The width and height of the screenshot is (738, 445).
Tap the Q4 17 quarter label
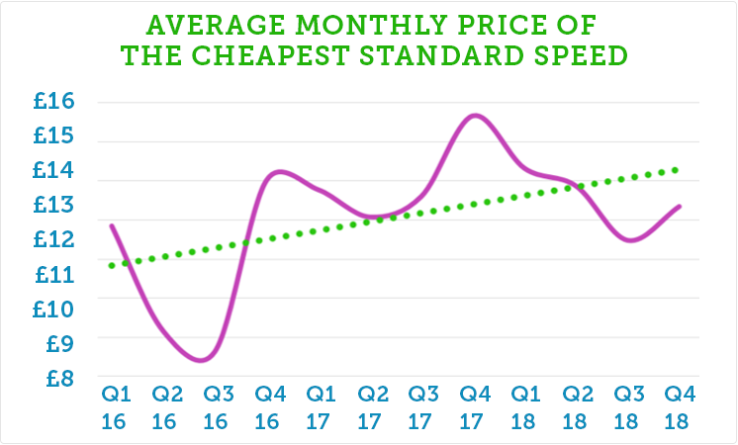[475, 405]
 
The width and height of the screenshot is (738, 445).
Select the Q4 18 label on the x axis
[680, 405]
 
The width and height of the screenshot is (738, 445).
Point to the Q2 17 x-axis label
[372, 405]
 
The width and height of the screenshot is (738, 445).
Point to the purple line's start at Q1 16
[111, 225]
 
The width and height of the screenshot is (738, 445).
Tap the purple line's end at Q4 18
[680, 206]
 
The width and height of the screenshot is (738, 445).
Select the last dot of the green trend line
[677, 169]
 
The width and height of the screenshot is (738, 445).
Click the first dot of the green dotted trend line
[112, 265]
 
